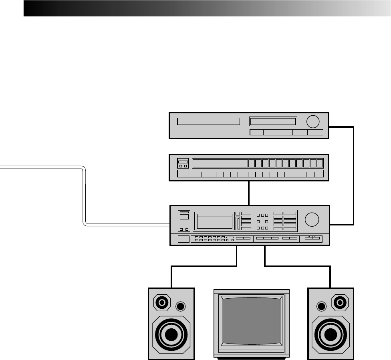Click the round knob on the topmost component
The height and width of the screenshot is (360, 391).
click(314, 121)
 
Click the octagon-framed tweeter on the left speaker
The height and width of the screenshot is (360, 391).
click(162, 303)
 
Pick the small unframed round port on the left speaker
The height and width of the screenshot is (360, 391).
click(181, 307)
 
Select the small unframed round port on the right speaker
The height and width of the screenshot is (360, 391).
click(320, 307)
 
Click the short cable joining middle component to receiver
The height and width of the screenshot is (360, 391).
click(249, 193)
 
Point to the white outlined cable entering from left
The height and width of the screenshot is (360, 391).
click(85, 196)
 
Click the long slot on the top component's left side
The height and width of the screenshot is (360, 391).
click(208, 121)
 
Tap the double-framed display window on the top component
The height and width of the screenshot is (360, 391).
click(273, 122)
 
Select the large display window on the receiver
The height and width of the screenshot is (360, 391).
click(214, 221)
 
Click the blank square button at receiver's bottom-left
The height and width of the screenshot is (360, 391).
click(183, 239)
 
